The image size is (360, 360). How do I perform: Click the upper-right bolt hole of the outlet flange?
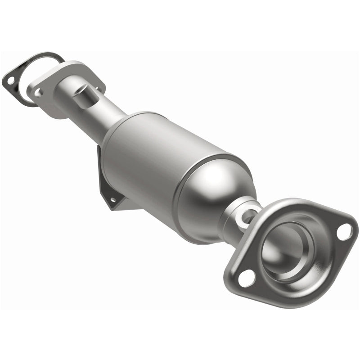tap(344, 231)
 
